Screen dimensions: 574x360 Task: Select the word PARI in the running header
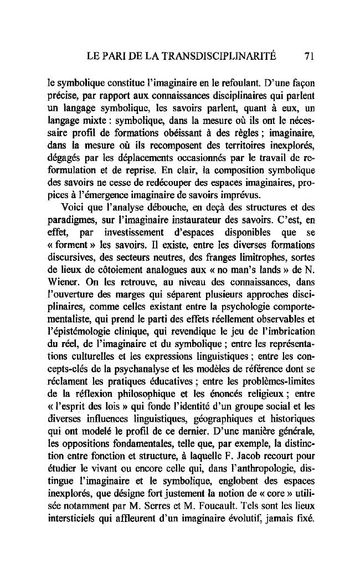click(x=114, y=55)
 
